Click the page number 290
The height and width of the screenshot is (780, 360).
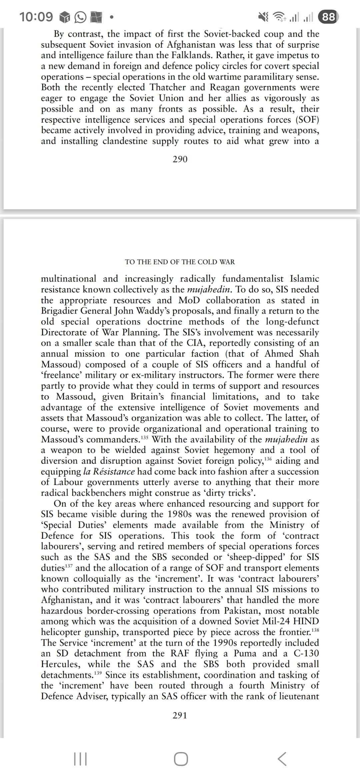point(180,159)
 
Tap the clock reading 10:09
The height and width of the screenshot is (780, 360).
point(36,17)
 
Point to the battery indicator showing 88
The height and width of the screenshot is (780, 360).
point(328,17)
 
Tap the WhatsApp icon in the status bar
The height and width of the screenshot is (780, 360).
point(80,17)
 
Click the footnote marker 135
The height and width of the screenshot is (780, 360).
point(145,437)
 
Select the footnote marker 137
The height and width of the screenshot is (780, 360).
point(69,566)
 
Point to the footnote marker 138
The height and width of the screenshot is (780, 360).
point(315,630)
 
